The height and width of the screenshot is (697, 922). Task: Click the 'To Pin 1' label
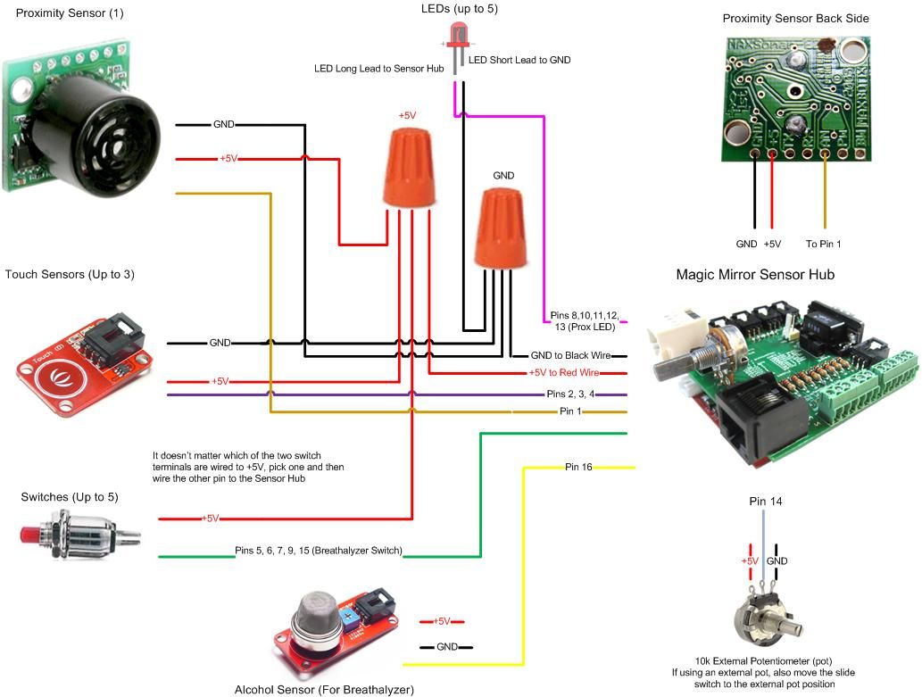point(823,244)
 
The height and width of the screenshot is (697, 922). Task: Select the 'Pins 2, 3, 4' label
point(569,394)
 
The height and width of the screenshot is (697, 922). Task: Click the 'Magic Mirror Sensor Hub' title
point(755,275)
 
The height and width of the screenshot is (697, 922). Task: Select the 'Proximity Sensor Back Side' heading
point(795,19)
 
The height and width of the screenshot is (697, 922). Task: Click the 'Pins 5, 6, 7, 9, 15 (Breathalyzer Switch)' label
point(317,550)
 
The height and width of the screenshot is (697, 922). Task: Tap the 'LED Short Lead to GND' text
point(519,60)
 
